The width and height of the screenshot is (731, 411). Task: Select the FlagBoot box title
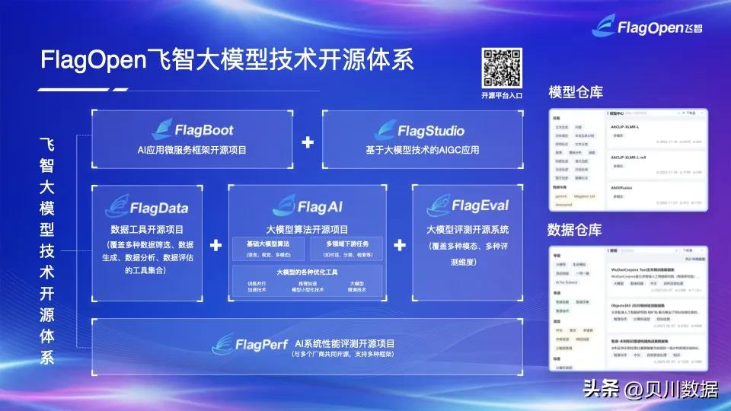tap(193, 131)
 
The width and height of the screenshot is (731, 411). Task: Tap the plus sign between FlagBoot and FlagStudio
tap(308, 142)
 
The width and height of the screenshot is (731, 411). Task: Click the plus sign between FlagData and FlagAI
tap(216, 245)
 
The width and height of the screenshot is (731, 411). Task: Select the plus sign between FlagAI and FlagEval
tap(399, 245)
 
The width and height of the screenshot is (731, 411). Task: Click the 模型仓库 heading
tap(576, 92)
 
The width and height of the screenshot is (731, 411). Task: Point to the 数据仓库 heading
tap(576, 229)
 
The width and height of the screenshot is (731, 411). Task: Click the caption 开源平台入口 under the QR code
tap(502, 96)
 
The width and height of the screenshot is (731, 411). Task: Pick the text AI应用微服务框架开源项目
tap(193, 150)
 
